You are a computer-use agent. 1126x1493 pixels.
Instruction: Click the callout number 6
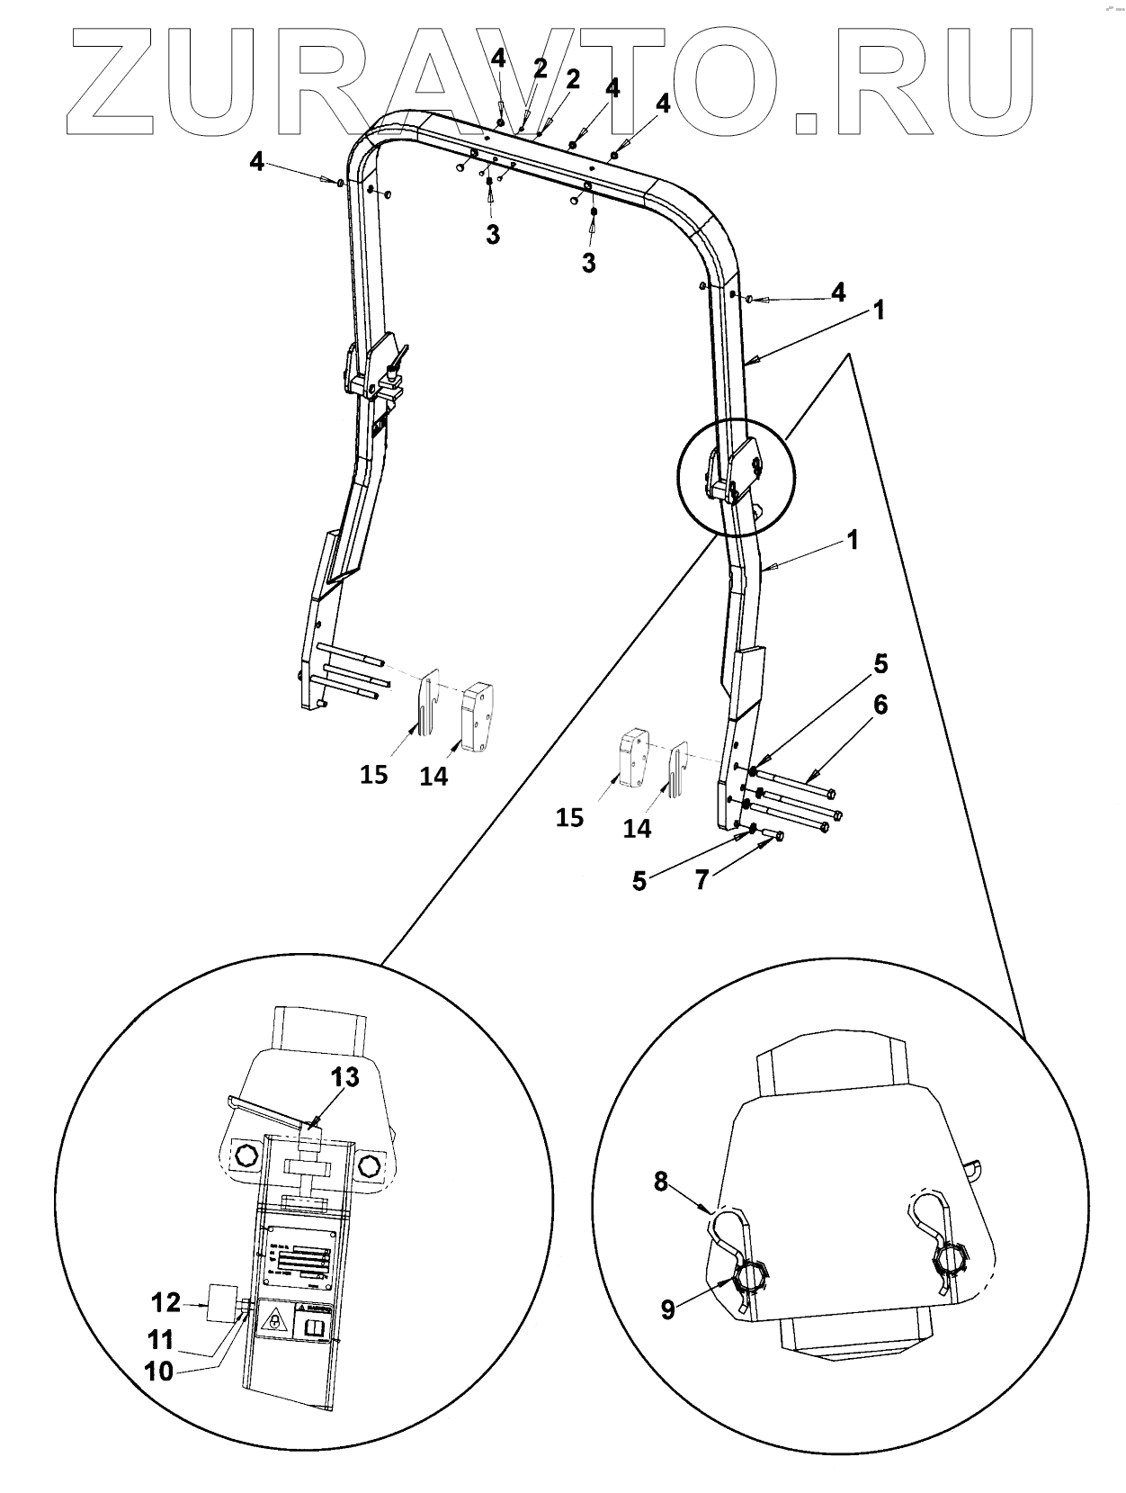[880, 705]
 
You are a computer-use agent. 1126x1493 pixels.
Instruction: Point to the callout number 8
[661, 1182]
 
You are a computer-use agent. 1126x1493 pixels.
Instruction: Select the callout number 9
[667, 1309]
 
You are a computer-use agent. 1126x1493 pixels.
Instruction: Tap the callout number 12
[165, 1302]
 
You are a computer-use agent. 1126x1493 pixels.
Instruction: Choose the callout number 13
[345, 1076]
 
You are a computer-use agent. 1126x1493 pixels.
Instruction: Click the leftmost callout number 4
[257, 163]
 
